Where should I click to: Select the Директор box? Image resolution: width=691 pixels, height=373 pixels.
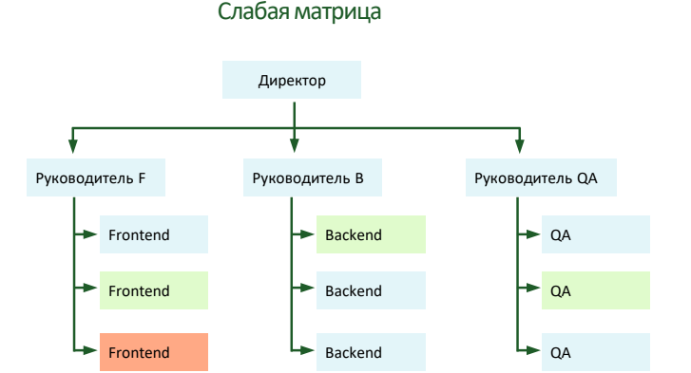[x=292, y=81]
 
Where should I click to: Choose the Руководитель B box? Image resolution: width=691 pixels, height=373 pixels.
[x=303, y=177]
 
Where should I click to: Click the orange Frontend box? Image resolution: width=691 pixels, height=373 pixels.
[x=153, y=352]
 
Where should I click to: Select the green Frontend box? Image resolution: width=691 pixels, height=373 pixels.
[x=153, y=291]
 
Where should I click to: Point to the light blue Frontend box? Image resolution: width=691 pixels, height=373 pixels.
[x=153, y=234]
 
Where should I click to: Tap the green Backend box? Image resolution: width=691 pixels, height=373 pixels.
[x=371, y=234]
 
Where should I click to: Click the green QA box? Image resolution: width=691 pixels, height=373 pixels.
[x=595, y=291]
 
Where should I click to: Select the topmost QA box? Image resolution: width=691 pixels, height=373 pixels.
[x=595, y=234]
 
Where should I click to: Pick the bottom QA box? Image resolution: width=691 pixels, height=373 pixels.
[x=595, y=352]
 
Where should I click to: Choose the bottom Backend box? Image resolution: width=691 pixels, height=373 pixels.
[x=371, y=352]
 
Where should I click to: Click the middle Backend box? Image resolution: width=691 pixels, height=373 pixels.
[x=371, y=291]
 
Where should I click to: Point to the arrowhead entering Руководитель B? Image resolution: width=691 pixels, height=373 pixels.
[x=294, y=147]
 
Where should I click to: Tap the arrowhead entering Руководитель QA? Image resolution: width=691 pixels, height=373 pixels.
[x=519, y=147]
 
